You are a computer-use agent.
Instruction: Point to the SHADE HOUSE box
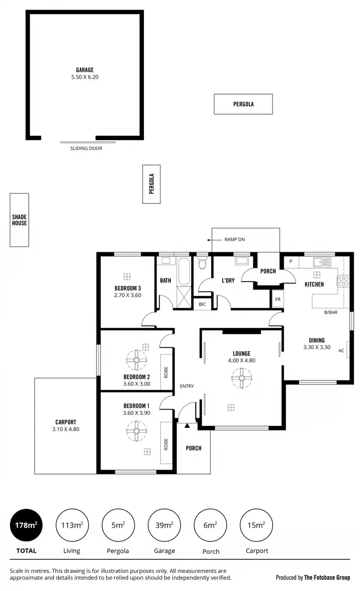(x=20, y=220)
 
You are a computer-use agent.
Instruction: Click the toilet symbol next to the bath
(x=202, y=263)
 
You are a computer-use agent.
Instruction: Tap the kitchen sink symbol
(x=322, y=262)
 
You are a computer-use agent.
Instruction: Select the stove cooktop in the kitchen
(x=344, y=281)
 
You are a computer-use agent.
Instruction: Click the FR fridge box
(x=277, y=298)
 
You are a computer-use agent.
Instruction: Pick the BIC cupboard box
(x=202, y=305)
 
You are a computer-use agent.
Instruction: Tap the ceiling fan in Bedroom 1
(x=136, y=430)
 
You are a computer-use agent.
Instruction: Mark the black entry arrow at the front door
(x=187, y=425)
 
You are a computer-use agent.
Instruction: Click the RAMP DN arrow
(x=210, y=239)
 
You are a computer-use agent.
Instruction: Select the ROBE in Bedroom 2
(x=166, y=373)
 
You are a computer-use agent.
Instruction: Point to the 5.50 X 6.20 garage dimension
(x=84, y=77)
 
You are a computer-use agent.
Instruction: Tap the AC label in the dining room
(x=341, y=351)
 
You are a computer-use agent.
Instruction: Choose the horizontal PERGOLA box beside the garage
(x=243, y=104)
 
